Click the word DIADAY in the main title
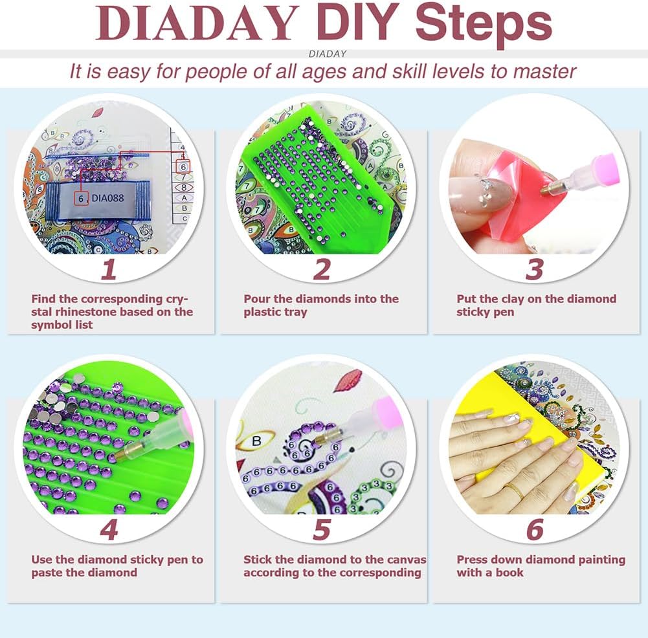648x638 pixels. coord(197,23)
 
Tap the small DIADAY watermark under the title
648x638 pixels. coord(328,54)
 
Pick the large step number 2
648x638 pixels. coord(322,270)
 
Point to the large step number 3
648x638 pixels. coord(534,270)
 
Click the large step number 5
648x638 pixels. coord(322,530)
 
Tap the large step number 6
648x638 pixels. coord(535,530)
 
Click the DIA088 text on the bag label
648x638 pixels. coord(107,198)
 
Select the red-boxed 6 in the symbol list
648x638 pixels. coord(183,167)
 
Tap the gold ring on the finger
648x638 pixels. coord(515,491)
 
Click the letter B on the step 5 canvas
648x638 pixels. coord(256,441)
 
